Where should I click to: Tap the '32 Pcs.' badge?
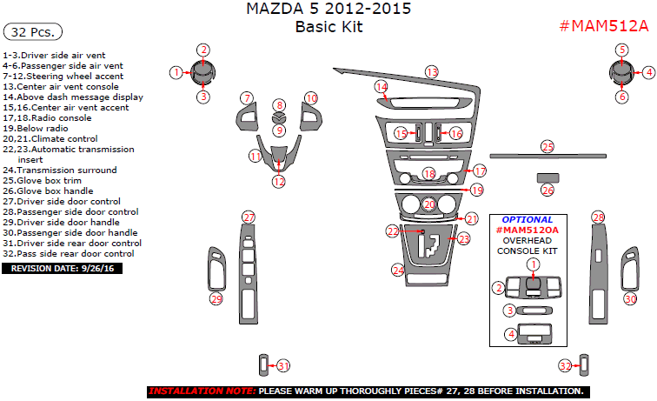(x=34, y=32)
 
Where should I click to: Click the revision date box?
(x=63, y=268)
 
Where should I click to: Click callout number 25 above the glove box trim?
(x=547, y=146)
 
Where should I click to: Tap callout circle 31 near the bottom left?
(x=282, y=366)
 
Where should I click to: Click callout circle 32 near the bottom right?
(x=565, y=366)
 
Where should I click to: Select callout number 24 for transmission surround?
(x=398, y=271)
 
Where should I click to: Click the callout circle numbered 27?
(x=249, y=217)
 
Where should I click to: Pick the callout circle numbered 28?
(x=598, y=217)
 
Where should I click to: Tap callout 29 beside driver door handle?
(x=216, y=298)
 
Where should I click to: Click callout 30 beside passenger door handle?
(x=630, y=298)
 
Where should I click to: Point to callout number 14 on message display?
(x=381, y=87)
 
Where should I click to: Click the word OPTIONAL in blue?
(x=527, y=219)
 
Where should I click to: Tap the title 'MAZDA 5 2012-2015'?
(x=328, y=10)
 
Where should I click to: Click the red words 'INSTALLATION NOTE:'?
(x=202, y=391)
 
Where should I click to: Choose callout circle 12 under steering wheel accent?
(x=278, y=182)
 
